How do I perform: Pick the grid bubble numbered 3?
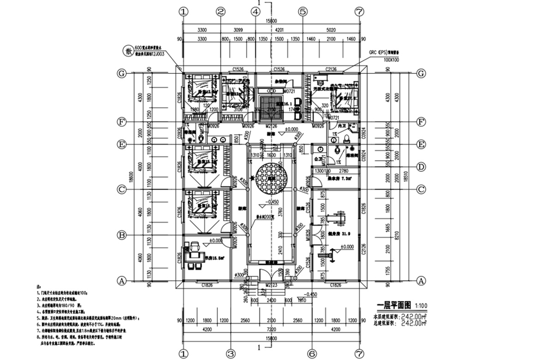[x=230, y=354]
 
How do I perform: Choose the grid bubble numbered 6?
[x=312, y=354]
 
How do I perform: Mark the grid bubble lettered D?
[x=421, y=167]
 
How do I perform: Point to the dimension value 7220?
[x=271, y=330]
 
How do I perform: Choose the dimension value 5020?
[x=330, y=30]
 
